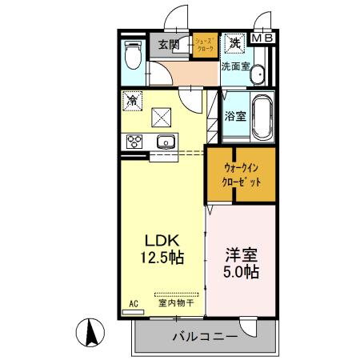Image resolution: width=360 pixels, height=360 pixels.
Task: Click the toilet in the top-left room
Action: (133, 57)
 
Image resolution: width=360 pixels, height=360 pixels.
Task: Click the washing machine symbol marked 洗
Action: (235, 42)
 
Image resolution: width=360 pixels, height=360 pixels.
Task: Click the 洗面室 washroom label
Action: (237, 67)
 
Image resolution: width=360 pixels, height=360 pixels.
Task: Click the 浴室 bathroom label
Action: (234, 117)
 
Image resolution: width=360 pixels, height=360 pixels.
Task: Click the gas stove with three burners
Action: (133, 142)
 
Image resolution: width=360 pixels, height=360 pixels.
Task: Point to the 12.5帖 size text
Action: (165, 258)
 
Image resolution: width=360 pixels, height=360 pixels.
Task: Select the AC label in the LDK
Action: (133, 304)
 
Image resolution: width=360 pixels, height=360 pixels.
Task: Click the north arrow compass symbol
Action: (91, 331)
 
